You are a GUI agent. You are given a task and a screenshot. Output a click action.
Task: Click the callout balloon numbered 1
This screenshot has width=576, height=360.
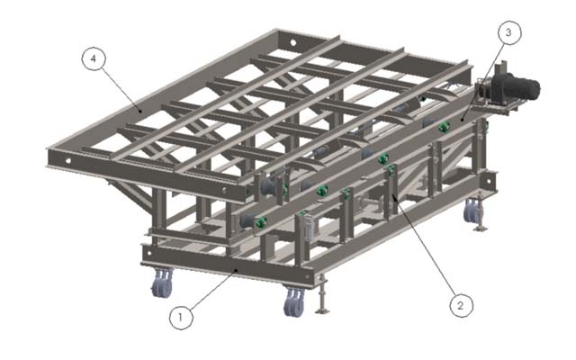point(181,318)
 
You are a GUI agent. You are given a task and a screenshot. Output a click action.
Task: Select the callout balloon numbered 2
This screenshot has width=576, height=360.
point(462,305)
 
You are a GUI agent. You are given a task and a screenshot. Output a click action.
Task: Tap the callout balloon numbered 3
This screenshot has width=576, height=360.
point(509,32)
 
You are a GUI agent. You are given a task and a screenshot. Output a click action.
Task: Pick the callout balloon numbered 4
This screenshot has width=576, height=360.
point(94,58)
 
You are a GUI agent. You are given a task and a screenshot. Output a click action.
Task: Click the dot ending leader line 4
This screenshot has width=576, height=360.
point(139,109)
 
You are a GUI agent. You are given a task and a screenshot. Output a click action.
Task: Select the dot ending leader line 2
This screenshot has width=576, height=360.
point(393,195)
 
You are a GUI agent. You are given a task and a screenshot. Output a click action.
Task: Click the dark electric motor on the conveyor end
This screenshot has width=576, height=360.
point(516,88)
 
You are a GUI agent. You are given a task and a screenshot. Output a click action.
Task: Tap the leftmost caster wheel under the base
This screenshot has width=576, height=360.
point(162,283)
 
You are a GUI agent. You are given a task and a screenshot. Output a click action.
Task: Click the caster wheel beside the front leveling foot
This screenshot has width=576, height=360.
point(294,302)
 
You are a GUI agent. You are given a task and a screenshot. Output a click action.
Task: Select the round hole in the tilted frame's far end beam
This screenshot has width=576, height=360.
point(293,42)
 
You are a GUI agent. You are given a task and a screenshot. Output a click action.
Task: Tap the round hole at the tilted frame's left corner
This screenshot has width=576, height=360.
point(68,161)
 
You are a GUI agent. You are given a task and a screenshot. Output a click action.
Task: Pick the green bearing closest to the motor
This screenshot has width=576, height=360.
point(445,127)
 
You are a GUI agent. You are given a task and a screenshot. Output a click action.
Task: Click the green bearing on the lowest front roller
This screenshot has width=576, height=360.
point(261,222)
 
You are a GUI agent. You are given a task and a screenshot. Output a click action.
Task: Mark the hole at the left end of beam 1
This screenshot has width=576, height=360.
point(149,253)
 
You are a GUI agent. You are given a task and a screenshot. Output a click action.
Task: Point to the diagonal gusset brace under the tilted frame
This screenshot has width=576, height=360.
point(130,194)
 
